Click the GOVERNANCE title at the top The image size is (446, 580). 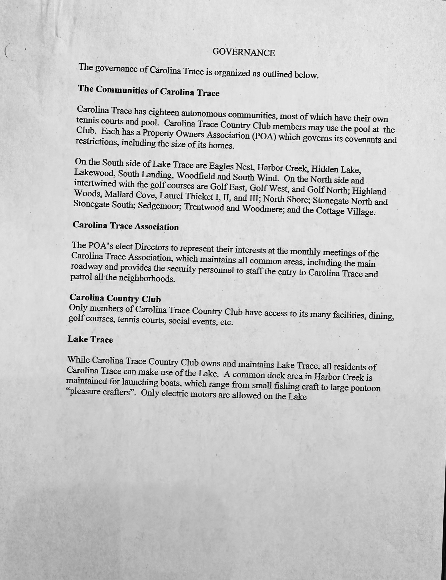243,53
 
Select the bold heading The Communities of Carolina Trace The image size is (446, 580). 149,91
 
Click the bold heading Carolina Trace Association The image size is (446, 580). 126,226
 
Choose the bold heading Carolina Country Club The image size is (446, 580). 115,298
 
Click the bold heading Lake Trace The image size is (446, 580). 90,339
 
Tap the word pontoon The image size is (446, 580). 365,388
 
